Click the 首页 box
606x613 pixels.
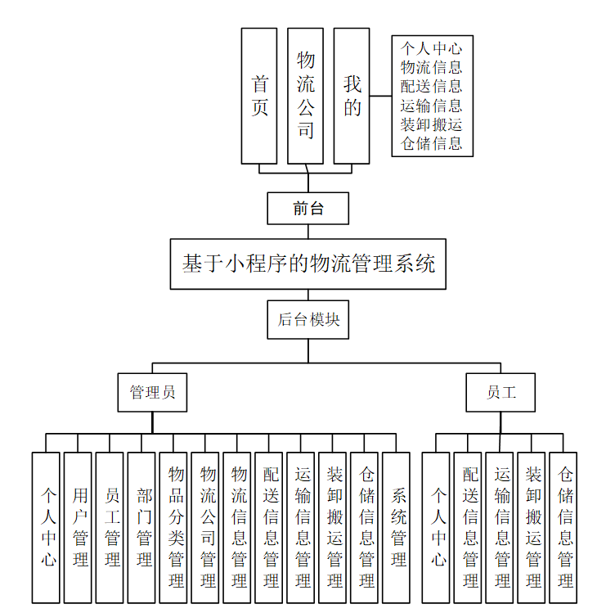pos(259,96)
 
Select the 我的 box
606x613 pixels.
pos(352,96)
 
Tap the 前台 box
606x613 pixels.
pos(307,208)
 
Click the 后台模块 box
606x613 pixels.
pos(307,319)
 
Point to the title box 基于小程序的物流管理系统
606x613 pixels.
pos(307,264)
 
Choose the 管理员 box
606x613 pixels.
pos(152,392)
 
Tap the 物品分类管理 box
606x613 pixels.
pos(176,527)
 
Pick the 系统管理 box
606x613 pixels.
pos(398,527)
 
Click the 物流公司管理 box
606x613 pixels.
pos(208,527)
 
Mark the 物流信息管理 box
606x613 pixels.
pos(240,527)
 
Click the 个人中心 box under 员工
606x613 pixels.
pos(439,527)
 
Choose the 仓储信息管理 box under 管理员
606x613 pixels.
pos(366,527)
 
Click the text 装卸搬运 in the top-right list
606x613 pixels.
pos(432,124)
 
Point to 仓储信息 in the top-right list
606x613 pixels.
pos(432,144)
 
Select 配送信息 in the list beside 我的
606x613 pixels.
pos(432,86)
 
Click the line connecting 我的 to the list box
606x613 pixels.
pos(380,96)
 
